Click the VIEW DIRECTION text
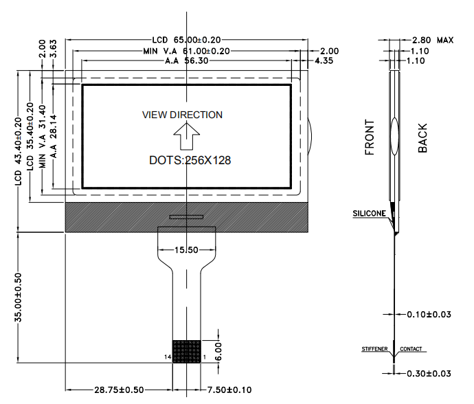182,115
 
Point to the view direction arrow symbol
185,135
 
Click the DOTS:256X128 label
190,160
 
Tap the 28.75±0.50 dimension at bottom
119,390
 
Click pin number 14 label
167,357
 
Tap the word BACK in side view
422,138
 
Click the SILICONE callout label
370,214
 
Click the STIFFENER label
375,350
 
